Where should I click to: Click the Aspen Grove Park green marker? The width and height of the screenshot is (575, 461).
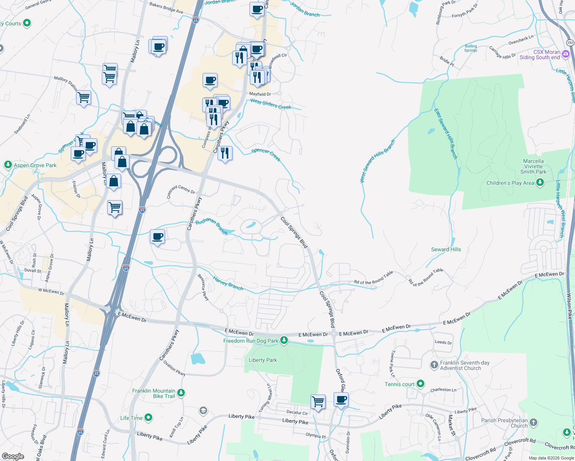click(8, 165)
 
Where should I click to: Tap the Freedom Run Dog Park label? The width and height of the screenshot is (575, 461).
click(251, 341)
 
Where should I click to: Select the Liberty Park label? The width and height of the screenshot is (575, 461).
click(263, 360)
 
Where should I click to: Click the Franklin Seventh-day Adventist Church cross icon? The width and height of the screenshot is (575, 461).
click(434, 365)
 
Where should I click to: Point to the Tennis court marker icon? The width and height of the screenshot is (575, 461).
click(420, 383)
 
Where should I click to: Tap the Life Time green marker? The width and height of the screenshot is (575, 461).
click(148, 417)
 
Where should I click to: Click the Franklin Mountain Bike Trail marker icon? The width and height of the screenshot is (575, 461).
click(181, 393)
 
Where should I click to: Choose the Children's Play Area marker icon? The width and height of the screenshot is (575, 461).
click(540, 182)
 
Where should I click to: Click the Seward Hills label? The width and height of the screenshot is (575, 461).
click(446, 249)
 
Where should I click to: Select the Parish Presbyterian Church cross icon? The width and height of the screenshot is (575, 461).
click(533, 423)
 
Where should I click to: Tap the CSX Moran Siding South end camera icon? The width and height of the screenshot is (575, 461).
click(565, 54)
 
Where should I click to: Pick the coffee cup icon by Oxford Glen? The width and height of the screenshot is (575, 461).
click(341, 400)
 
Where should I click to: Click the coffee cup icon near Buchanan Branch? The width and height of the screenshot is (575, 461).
click(157, 236)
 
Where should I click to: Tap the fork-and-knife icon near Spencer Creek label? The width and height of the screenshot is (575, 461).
click(225, 153)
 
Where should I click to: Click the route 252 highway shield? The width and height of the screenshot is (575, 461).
click(570, 43)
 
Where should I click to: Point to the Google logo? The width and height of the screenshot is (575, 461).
click(13, 456)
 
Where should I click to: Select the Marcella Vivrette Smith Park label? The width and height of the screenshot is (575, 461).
click(533, 166)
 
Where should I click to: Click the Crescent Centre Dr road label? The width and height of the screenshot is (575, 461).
click(181, 191)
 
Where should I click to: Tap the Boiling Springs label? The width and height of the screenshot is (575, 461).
click(470, 48)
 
